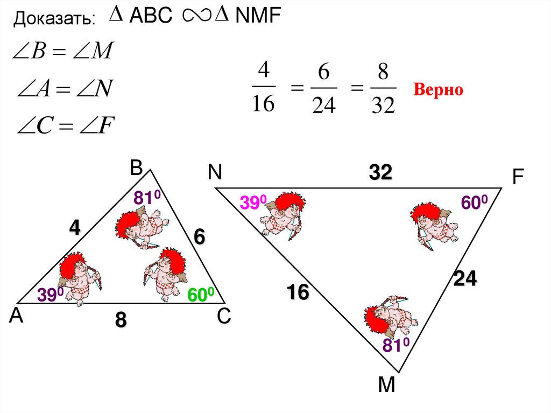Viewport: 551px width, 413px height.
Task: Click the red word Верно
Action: click(x=437, y=90)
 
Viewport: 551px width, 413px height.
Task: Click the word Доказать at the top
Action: click(x=54, y=19)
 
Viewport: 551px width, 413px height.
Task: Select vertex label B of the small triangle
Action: click(x=135, y=169)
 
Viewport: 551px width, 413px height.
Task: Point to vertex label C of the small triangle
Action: click(x=224, y=318)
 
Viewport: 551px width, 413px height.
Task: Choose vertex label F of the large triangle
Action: click(x=518, y=178)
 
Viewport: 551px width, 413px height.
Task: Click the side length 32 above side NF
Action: click(x=380, y=173)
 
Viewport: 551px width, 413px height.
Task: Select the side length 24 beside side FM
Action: click(x=465, y=279)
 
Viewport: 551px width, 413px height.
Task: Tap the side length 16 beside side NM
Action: click(x=298, y=293)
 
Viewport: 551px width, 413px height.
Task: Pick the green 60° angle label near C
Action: click(x=201, y=295)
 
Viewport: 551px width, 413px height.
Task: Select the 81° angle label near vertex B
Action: click(x=147, y=199)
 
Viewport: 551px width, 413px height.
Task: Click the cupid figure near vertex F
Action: click(x=433, y=222)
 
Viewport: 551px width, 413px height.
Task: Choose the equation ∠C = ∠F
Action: click(x=67, y=127)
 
